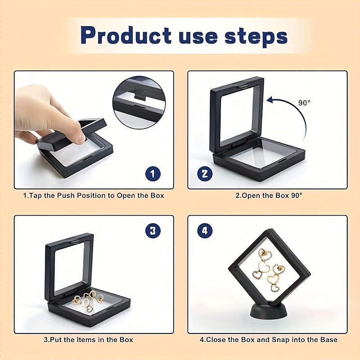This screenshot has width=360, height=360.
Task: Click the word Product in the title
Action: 126,36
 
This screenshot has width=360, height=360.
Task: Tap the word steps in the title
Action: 256,36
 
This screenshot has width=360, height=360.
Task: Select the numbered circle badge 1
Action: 153,174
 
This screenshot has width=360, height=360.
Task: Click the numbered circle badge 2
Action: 205,174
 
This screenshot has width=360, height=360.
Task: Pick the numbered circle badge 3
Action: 153,230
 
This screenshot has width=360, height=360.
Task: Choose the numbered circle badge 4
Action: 205,230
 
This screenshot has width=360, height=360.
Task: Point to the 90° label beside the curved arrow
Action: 304,103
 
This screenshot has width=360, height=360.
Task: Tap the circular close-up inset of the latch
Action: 139,103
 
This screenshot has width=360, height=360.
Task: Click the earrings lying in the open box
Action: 88,300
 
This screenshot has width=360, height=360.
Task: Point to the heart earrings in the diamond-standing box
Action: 269,270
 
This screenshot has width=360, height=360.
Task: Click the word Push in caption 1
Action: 66,196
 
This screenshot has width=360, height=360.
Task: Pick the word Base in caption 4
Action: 328,340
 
